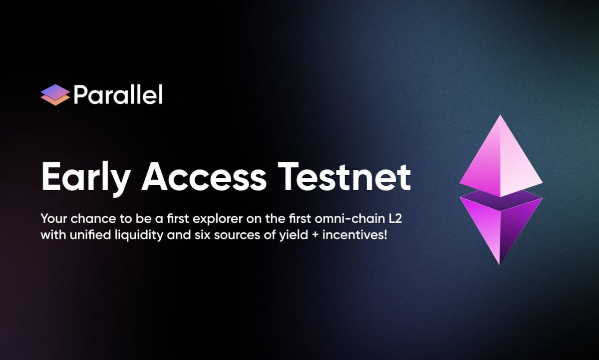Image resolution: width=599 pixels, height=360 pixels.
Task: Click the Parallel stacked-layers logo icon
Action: pyautogui.click(x=55, y=95)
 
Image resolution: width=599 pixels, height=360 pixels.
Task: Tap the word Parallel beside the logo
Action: pyautogui.click(x=118, y=94)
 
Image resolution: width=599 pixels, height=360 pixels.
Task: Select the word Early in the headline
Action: pyautogui.click(x=85, y=177)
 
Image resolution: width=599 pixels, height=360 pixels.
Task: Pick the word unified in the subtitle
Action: pyautogui.click(x=84, y=234)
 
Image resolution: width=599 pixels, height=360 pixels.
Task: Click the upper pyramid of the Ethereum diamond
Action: pyautogui.click(x=501, y=160)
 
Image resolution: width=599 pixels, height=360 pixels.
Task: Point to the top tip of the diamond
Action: pyautogui.click(x=501, y=116)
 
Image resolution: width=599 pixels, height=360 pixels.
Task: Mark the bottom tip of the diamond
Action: pyautogui.click(x=500, y=263)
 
